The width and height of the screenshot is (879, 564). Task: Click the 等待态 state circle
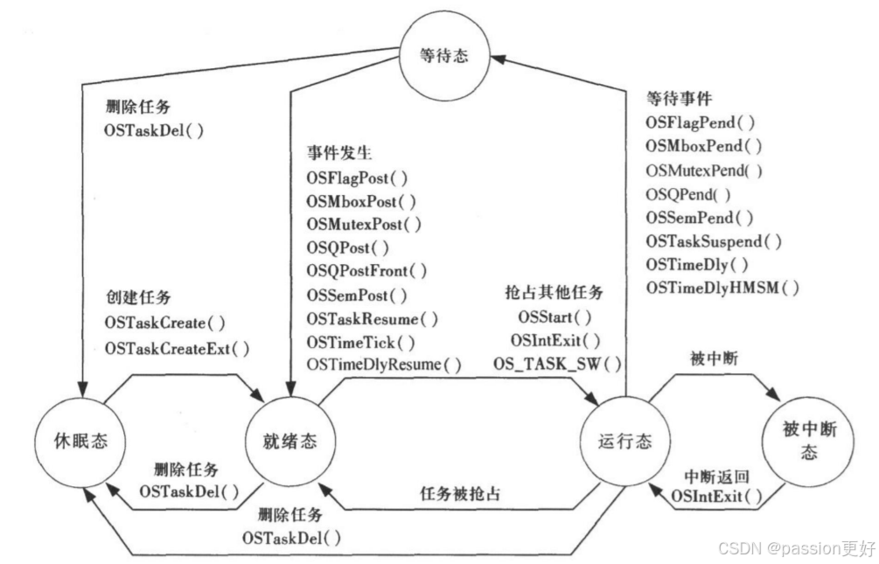[x=445, y=56]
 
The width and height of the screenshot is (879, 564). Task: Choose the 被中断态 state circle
[x=809, y=440]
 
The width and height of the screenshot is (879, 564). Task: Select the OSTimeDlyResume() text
[x=383, y=364]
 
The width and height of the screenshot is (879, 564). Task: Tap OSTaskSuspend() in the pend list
[x=714, y=240]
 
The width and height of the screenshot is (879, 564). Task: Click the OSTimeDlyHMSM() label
[x=722, y=288]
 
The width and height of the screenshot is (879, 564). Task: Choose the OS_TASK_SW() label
[x=557, y=363]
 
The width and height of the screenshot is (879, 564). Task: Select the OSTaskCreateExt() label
[x=177, y=348]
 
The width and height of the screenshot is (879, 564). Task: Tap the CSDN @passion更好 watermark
[x=796, y=548]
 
